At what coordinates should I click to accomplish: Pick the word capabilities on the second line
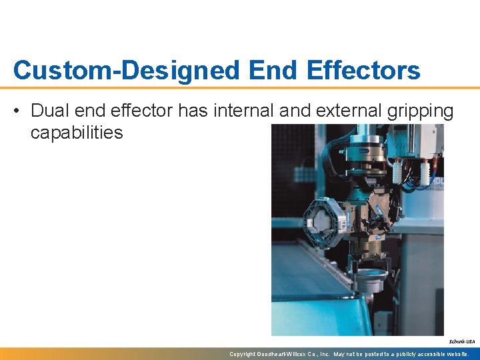tap(77, 133)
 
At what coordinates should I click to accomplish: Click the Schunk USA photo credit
tap(465, 341)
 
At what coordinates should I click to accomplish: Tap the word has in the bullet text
tap(193, 110)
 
